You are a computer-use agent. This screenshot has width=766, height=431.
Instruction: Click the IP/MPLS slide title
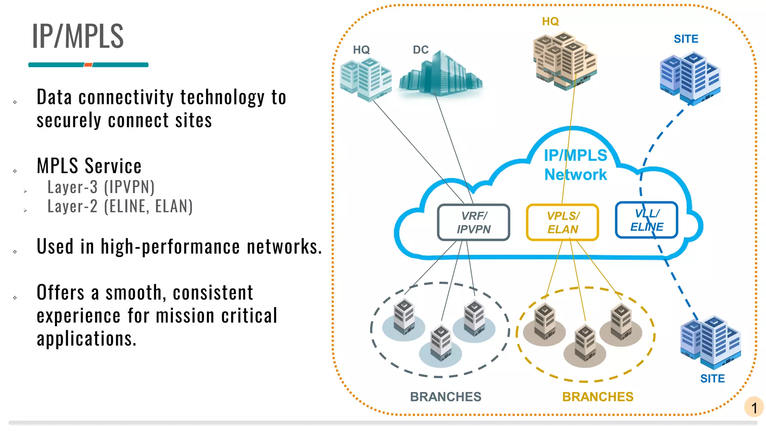click(78, 36)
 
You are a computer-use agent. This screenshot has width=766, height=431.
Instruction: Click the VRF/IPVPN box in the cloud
click(474, 222)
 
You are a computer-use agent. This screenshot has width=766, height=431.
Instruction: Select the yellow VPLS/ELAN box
click(562, 222)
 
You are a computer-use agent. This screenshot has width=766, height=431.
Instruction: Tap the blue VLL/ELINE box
click(646, 220)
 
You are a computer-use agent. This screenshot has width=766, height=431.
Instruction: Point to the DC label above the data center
click(420, 50)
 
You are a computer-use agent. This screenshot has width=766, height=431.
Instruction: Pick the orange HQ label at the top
click(550, 21)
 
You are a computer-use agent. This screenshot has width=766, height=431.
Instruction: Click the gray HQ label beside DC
click(361, 50)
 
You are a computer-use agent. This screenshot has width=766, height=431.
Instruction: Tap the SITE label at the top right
click(686, 39)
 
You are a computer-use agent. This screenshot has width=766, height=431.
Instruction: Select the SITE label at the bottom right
click(712, 379)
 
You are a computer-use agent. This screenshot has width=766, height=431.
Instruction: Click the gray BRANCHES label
click(445, 397)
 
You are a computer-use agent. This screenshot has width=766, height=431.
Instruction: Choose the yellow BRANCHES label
click(598, 397)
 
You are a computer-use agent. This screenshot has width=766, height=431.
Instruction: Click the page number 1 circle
click(754, 407)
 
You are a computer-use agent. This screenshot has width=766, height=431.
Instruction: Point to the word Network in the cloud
click(575, 175)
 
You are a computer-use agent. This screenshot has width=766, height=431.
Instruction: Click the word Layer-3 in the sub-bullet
click(73, 187)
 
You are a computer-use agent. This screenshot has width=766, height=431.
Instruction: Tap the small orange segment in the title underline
click(88, 65)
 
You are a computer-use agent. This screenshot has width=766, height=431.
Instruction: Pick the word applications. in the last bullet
click(87, 339)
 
